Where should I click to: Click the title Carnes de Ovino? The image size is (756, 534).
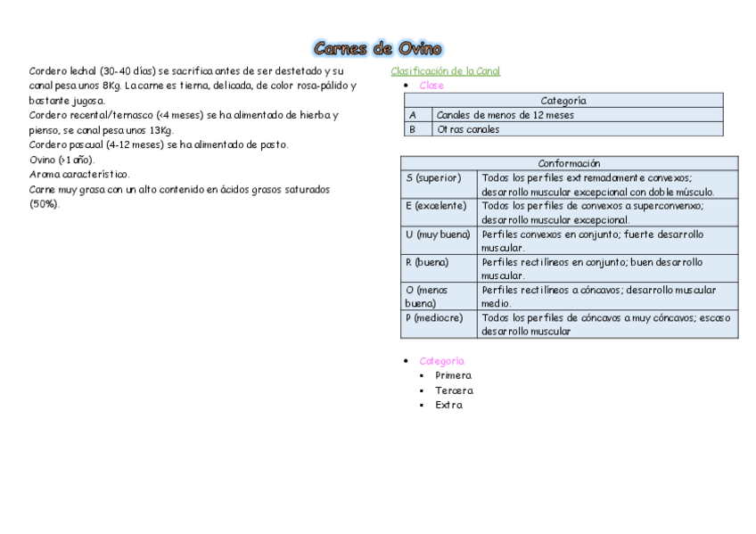tap(378, 48)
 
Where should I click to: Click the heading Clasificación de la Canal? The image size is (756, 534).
tap(445, 71)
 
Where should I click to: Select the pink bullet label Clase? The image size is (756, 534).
tap(431, 86)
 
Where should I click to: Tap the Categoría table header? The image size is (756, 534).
tap(563, 101)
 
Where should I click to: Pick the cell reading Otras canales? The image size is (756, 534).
tap(468, 129)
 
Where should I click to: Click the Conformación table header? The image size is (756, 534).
tap(569, 163)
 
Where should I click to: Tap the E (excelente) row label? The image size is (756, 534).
tap(436, 206)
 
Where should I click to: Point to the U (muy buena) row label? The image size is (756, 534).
tap(437, 234)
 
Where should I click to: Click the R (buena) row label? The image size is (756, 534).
tap(427, 262)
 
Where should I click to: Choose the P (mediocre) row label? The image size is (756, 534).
tap(434, 317)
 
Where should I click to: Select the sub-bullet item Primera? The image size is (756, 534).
tap(453, 375)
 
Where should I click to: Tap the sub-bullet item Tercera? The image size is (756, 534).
tap(454, 390)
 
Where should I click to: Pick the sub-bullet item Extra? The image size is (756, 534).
tap(448, 405)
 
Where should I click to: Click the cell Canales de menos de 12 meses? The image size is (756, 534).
tap(505, 115)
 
